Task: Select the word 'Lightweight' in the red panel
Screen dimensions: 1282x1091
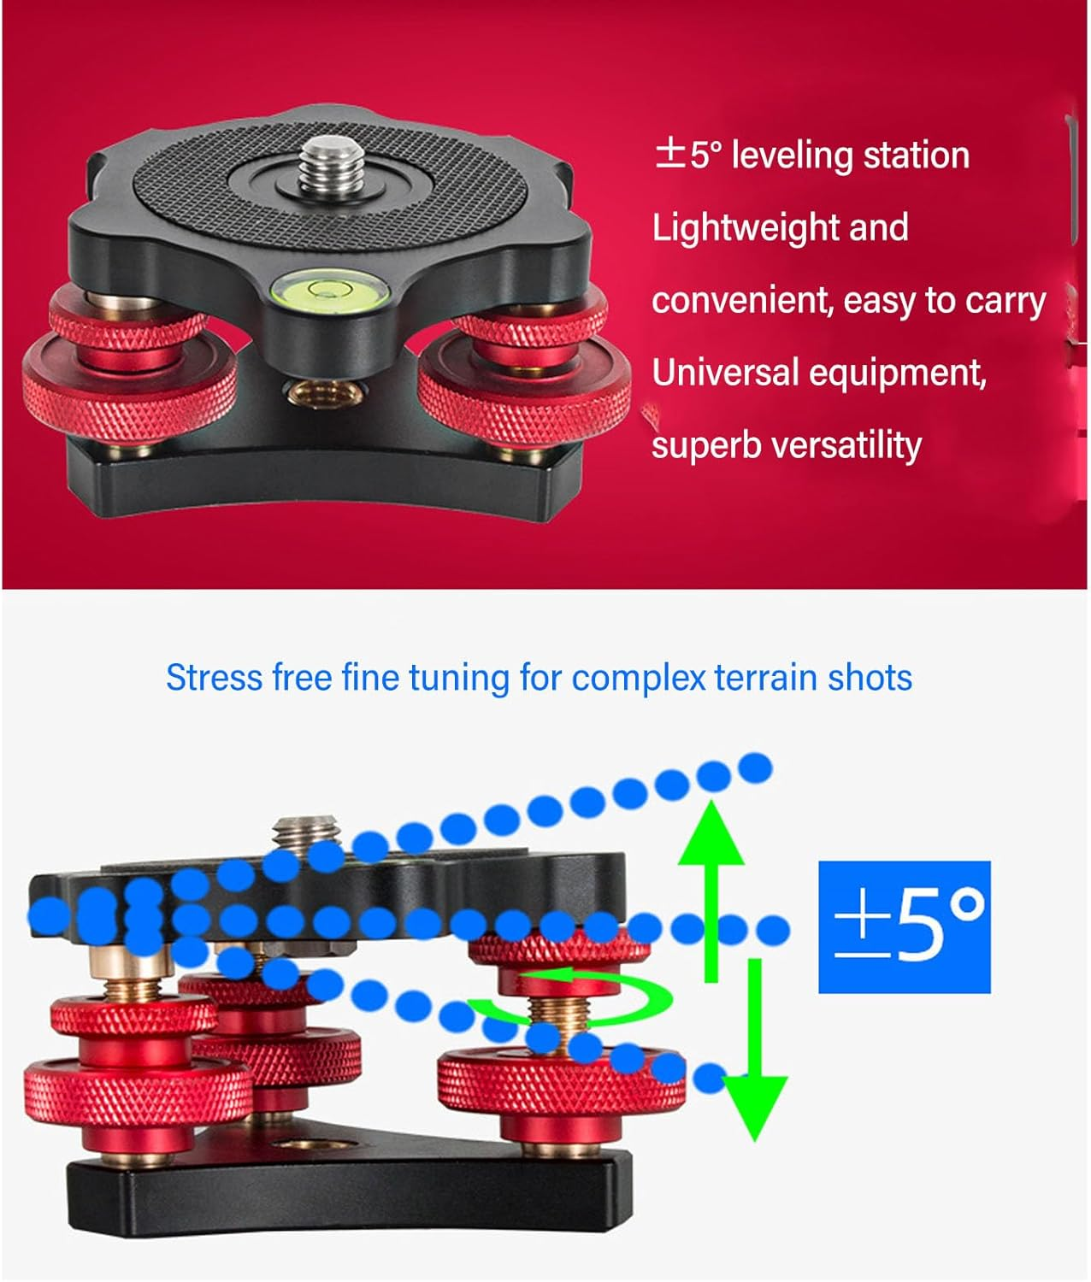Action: (733, 229)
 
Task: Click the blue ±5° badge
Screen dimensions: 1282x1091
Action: (904, 927)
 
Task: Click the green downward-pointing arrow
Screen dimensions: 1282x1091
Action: (755, 1060)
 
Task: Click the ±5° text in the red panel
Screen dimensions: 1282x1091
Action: (688, 156)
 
